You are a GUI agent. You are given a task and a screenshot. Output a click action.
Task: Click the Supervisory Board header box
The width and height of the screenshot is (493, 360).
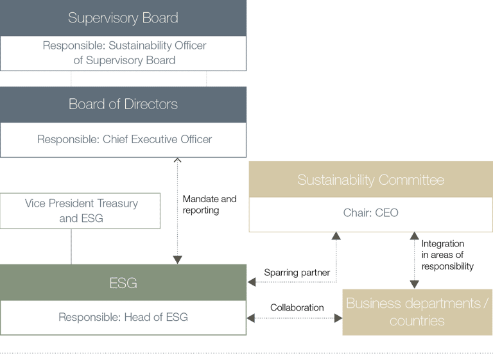point(123,18)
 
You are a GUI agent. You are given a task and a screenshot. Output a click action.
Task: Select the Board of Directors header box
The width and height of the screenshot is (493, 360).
point(123,104)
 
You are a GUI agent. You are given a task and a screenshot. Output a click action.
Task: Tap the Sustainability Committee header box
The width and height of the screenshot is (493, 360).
point(370,180)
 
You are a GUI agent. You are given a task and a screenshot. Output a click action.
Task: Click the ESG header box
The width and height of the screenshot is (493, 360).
point(123,282)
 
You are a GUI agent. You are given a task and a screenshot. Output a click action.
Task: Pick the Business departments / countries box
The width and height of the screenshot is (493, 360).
point(417,312)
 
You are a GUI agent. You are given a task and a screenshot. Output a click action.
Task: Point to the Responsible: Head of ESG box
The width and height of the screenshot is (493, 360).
point(123,317)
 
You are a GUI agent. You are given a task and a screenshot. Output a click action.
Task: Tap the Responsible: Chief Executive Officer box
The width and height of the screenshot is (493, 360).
point(123,140)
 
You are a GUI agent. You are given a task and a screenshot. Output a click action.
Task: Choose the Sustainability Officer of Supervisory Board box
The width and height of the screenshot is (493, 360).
point(123,53)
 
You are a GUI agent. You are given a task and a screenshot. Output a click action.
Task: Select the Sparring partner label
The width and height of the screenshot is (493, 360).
point(297,273)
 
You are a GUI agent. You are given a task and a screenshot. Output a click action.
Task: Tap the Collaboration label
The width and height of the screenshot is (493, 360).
point(297,307)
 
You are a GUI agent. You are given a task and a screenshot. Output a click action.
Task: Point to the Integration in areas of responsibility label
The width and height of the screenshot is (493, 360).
point(447,255)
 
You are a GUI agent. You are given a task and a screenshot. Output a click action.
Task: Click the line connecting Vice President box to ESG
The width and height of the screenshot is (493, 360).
point(71,246)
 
